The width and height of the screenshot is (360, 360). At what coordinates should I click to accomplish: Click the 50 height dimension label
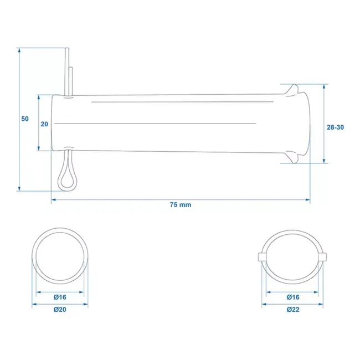tap(24, 119)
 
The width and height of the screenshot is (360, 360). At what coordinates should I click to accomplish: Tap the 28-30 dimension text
tap(335, 127)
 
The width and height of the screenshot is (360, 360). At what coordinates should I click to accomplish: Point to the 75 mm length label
tap(180, 205)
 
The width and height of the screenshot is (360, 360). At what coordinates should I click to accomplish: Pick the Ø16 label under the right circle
tap(293, 297)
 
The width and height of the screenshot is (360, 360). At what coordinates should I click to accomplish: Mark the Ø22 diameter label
tap(293, 310)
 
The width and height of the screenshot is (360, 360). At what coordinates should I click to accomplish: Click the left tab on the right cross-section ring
tap(262, 256)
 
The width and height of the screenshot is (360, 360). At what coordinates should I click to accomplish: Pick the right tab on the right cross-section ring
tap(324, 256)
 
